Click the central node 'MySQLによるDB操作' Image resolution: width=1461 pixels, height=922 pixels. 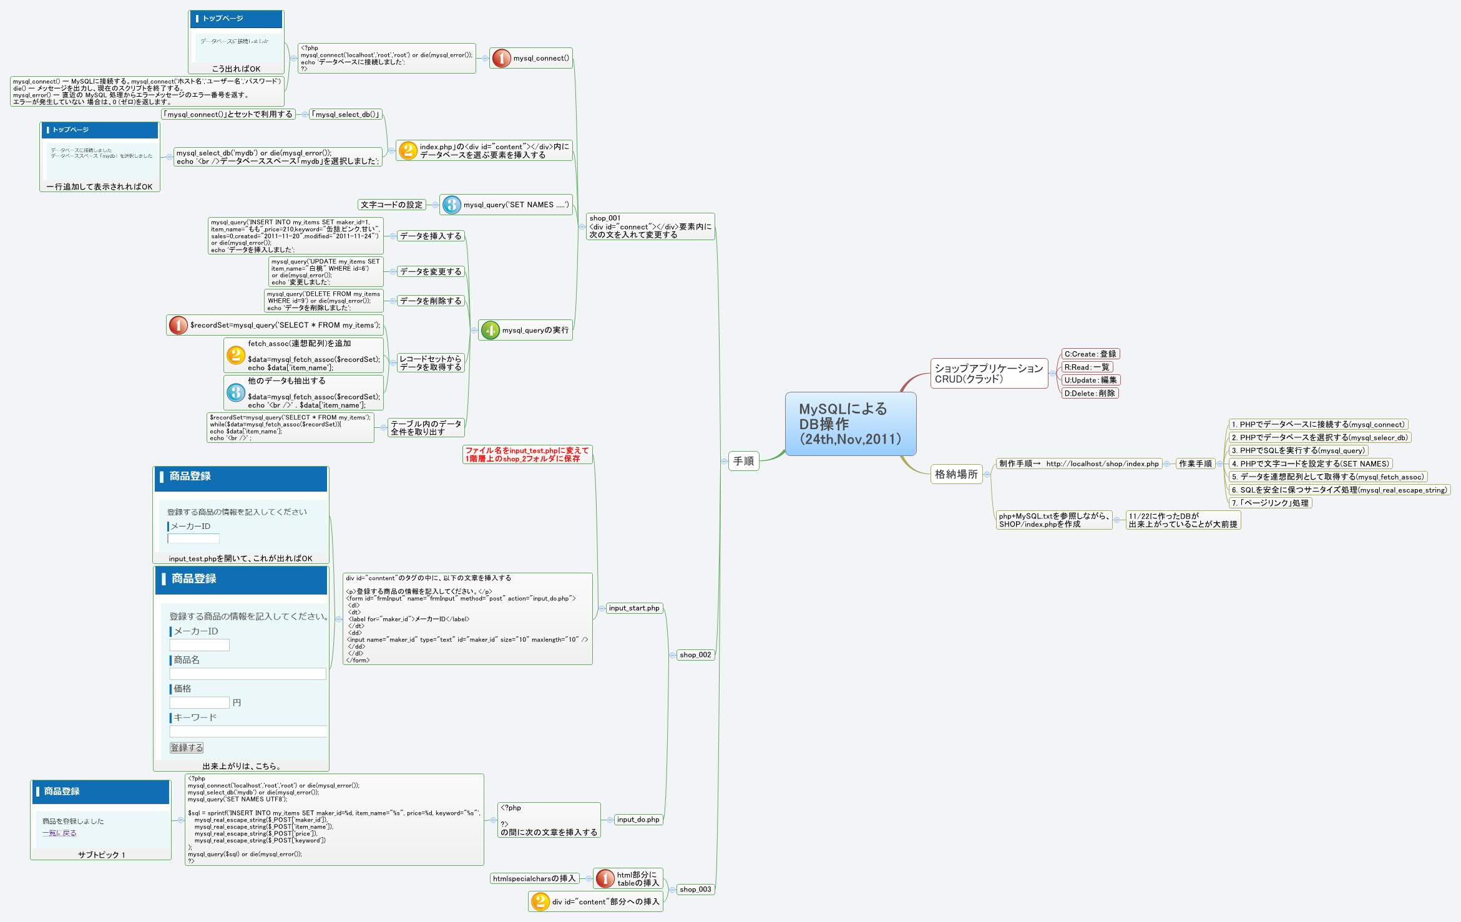[850, 424]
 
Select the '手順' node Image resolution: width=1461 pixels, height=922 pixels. [743, 461]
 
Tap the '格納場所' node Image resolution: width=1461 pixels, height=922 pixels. [955, 474]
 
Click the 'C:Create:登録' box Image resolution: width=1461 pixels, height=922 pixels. [1090, 354]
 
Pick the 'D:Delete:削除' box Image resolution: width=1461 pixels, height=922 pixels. [1089, 393]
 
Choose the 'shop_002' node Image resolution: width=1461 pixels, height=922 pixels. [695, 654]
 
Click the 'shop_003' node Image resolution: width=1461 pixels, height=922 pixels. [695, 889]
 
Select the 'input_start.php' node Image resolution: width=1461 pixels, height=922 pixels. [633, 608]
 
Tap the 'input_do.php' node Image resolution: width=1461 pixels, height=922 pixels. [637, 819]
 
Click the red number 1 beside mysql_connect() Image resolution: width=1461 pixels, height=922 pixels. [501, 58]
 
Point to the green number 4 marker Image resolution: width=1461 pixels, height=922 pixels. [491, 330]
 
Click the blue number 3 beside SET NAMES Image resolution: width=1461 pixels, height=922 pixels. [451, 205]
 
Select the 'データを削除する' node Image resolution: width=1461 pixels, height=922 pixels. [431, 301]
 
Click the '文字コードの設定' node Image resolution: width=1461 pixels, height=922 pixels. [391, 205]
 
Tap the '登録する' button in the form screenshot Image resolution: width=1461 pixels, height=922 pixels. [187, 747]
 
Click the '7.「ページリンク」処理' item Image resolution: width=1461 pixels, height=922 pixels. [1269, 503]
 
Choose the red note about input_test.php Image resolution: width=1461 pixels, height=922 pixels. [527, 454]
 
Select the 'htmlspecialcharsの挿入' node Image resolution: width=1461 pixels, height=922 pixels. [534, 878]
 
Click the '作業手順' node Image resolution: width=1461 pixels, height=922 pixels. [1195, 463]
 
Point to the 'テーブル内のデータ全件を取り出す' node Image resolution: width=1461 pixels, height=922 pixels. [426, 427]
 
